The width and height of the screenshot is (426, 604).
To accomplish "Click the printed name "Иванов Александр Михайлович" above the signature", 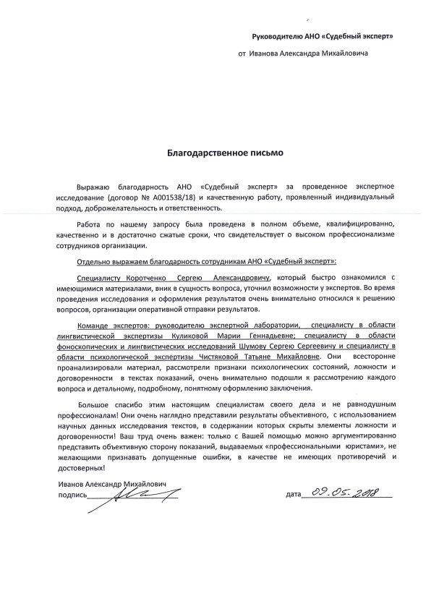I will click(x=93, y=484).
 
